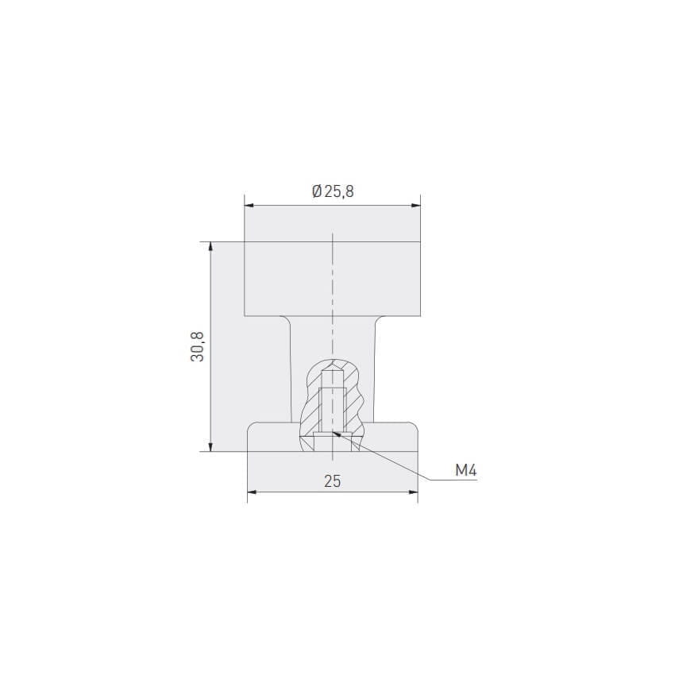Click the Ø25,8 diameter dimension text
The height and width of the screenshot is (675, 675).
point(333,191)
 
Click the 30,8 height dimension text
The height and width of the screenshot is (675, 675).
point(197,346)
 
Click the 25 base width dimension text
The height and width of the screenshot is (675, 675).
point(332,481)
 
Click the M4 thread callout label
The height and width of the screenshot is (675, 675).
point(466,471)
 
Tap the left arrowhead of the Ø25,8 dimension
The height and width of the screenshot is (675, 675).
point(249,206)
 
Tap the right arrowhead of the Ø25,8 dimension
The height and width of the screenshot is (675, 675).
point(416,206)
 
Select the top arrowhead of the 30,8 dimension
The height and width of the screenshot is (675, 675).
point(210,247)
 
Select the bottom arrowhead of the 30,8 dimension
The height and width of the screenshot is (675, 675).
point(210,446)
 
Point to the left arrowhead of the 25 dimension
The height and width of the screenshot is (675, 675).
point(253,492)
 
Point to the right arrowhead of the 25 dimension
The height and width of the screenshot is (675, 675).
point(413,492)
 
